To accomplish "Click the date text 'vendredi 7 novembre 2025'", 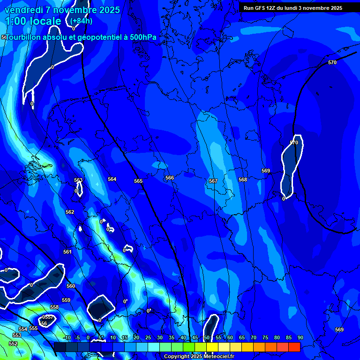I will [62, 10].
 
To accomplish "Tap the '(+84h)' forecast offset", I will [81, 21].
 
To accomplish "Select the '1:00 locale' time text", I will [33, 21].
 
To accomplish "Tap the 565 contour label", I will [138, 181].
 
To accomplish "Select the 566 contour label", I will [170, 178].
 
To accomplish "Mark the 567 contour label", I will [213, 181].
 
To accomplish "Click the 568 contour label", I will [243, 180].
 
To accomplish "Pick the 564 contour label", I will [112, 179].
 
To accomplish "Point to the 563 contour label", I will [78, 180].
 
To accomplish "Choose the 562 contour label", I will [70, 212].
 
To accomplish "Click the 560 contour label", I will [71, 286].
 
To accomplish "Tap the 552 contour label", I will [13, 344].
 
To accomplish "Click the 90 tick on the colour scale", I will [300, 338].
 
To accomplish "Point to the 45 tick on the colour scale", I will [195, 338].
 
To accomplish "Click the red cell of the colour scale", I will [294, 347].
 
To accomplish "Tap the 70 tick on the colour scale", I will [253, 338].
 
